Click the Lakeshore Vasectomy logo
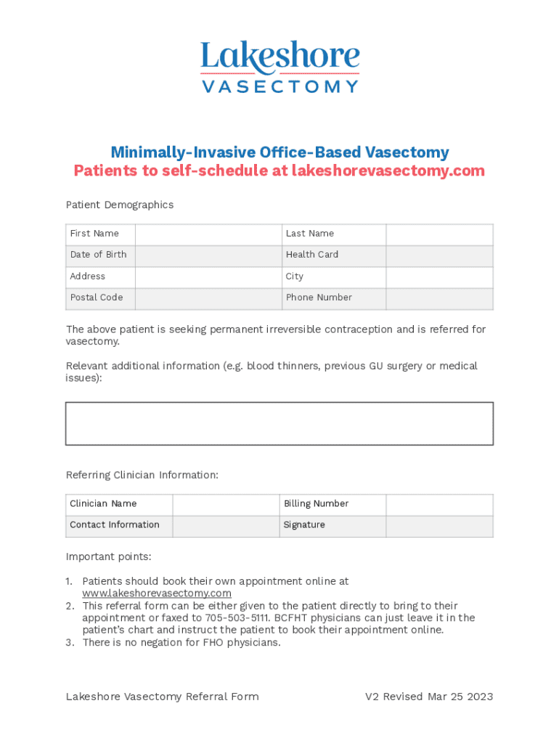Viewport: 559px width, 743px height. pyautogui.click(x=279, y=67)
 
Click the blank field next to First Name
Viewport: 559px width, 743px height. pyautogui.click(x=208, y=234)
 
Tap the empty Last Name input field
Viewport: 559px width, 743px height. pyautogui.click(x=439, y=234)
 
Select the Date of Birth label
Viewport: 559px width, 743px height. pyautogui.click(x=98, y=255)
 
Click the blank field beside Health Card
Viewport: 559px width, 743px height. pyautogui.click(x=439, y=255)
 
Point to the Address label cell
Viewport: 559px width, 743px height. pyautogui.click(x=88, y=276)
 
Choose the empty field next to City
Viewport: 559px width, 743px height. pyautogui.click(x=439, y=277)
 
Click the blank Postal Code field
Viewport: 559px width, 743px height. pyautogui.click(x=208, y=298)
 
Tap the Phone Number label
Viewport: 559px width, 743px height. pyautogui.click(x=319, y=297)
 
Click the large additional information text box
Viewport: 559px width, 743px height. pyautogui.click(x=279, y=423)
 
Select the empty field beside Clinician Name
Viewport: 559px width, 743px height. pyautogui.click(x=226, y=504)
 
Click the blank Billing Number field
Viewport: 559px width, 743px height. pyautogui.click(x=439, y=504)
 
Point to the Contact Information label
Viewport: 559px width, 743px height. pyautogui.click(x=115, y=525)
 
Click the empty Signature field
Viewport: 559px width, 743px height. pyautogui.click(x=439, y=526)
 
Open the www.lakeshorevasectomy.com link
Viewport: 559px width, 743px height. pyautogui.click(x=157, y=594)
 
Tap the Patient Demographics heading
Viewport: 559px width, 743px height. pyautogui.click(x=120, y=205)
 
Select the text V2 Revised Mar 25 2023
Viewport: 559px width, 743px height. pyautogui.click(x=428, y=697)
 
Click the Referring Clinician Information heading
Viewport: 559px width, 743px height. pyautogui.click(x=142, y=475)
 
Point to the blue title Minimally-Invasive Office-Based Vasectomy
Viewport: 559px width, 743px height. pyautogui.click(x=279, y=152)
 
